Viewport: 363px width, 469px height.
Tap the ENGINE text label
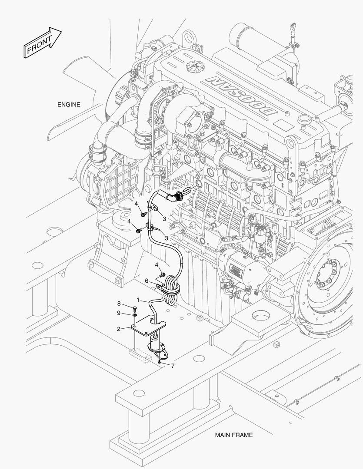click(69, 105)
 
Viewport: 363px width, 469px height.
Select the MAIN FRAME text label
click(233, 435)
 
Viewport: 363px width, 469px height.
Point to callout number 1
click(138, 300)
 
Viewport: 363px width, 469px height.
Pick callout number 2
click(118, 329)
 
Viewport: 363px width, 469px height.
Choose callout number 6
click(147, 281)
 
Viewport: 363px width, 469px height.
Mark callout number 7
click(173, 366)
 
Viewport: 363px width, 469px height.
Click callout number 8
click(118, 303)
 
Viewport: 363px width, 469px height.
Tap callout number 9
click(118, 313)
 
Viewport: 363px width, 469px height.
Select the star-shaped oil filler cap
click(192, 67)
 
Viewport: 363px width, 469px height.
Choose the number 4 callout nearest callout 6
click(157, 264)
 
